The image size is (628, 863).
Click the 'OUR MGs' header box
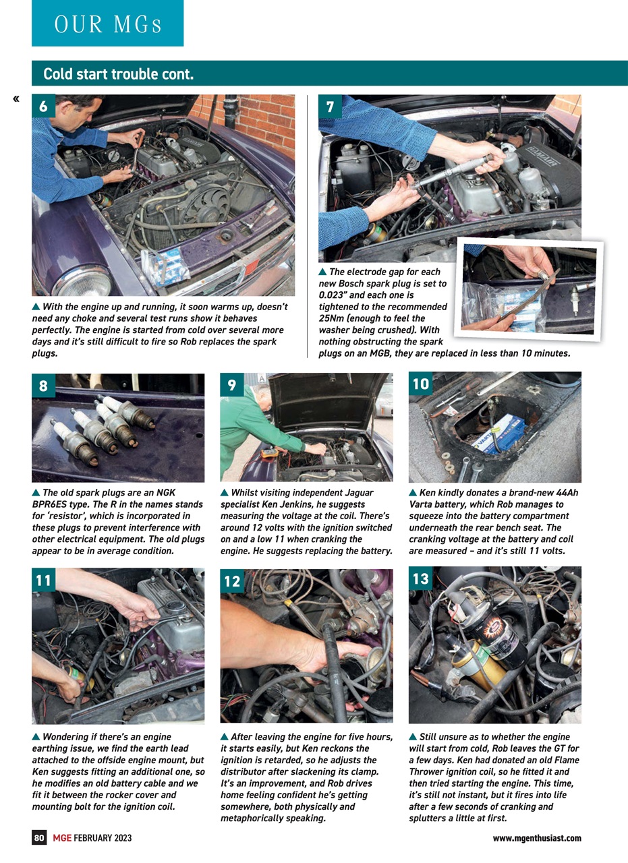(x=107, y=24)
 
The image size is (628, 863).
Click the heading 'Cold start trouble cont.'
(x=118, y=74)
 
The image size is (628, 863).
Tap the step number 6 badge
(x=43, y=107)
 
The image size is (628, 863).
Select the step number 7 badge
(x=330, y=107)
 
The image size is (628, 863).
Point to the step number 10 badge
(x=420, y=384)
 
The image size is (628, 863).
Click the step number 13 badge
(x=420, y=579)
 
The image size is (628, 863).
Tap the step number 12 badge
(x=232, y=581)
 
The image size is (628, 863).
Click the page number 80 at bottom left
(x=40, y=838)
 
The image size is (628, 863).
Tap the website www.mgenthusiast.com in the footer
(x=537, y=838)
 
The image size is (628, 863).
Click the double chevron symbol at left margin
(x=16, y=100)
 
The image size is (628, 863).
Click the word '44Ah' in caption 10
(x=566, y=493)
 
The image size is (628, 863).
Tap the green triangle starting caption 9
(x=225, y=493)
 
